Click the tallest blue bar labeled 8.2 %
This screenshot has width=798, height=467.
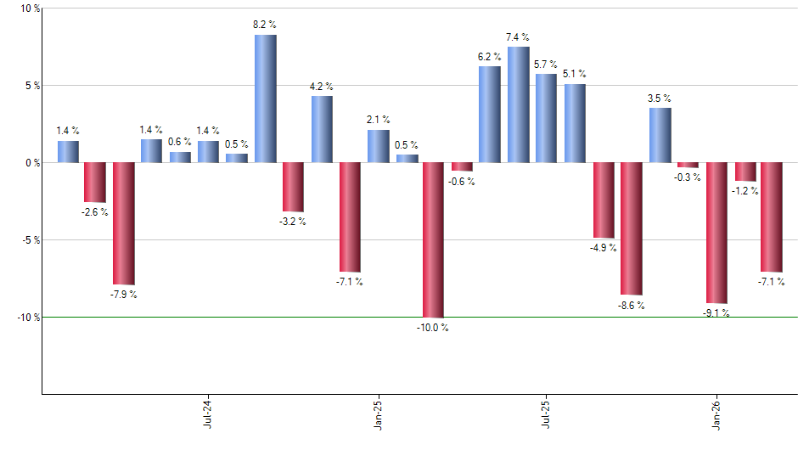[266, 98]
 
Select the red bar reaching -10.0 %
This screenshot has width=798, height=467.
[433, 239]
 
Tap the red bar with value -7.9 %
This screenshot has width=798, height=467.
[124, 223]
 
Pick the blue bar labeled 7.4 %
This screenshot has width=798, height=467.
[518, 104]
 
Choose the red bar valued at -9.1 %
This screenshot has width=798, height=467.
[716, 233]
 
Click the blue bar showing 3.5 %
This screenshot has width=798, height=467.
[660, 135]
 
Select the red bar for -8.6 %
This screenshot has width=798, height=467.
[631, 228]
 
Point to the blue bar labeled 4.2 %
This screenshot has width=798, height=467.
[322, 129]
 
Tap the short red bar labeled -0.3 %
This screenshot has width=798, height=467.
[688, 165]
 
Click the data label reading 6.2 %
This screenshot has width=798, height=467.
[490, 56]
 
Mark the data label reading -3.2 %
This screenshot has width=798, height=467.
[293, 222]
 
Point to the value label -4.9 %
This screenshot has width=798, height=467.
[603, 248]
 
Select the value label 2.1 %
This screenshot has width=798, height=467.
[378, 120]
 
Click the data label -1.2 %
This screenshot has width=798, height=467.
[745, 191]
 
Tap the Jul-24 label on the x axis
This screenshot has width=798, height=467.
[208, 414]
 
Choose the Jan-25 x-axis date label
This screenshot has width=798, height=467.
[378, 414]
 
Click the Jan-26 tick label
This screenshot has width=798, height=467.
[717, 414]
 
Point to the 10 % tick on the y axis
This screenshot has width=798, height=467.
[21, 8]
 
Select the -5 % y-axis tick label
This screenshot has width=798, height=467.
[21, 239]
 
